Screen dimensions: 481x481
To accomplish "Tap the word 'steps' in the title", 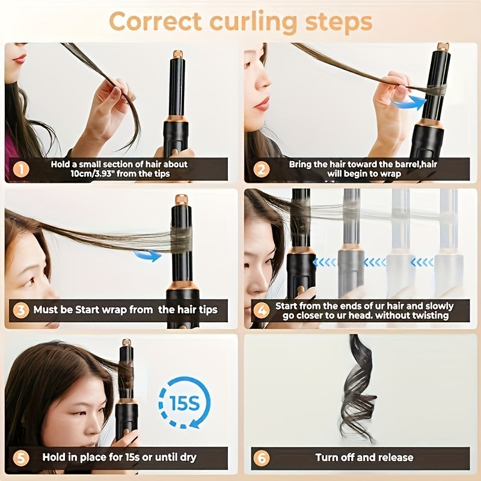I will [334, 22].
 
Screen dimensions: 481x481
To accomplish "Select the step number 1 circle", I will [21, 169].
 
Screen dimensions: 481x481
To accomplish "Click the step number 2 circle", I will [260, 169].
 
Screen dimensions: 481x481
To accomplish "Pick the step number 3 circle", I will [21, 310].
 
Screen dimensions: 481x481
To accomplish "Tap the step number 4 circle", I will [260, 310].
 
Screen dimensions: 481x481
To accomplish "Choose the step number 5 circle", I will [21, 458].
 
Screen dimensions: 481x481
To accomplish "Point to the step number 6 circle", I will [260, 458].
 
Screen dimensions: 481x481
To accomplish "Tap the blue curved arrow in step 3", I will [148, 256].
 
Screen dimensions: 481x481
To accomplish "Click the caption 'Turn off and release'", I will [364, 458].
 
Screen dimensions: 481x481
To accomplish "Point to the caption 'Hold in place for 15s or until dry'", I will [119, 458].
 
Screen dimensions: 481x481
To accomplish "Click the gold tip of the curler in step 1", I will [178, 55].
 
